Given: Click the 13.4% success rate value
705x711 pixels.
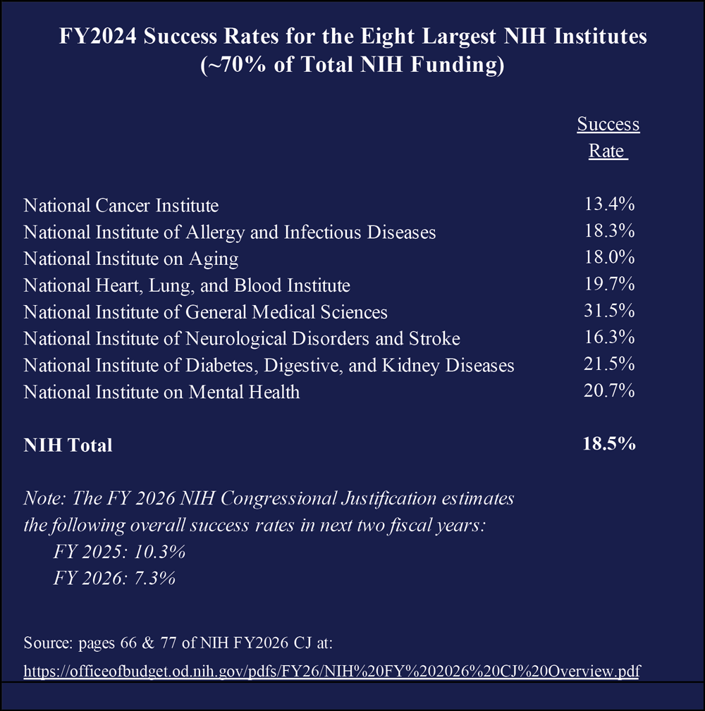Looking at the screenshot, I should (609, 205).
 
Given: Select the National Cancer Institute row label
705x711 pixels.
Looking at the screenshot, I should (121, 206).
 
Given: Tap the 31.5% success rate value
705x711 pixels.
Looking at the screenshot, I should (609, 311).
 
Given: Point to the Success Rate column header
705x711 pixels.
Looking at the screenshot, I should (608, 138).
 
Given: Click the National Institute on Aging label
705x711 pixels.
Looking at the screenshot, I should (131, 259).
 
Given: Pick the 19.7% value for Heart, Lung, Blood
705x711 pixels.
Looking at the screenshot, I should (609, 285).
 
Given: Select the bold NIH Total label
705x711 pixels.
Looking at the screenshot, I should (68, 445).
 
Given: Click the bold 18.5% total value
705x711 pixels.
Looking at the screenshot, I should (609, 445).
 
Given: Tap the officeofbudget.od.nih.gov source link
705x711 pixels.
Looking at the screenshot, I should (331, 670).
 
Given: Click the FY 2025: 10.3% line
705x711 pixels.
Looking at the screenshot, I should (119, 551).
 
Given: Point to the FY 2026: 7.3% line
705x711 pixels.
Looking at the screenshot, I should (114, 578).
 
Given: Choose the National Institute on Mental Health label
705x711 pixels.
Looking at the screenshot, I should (161, 392).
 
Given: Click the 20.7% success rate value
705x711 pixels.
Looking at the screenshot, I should (609, 391).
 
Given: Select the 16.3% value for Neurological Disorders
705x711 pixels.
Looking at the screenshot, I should (609, 338).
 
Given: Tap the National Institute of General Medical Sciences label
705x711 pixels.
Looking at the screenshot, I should (205, 311).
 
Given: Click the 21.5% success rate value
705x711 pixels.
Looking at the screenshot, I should (609, 364).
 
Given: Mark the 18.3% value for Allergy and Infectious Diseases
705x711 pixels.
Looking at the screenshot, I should (609, 232).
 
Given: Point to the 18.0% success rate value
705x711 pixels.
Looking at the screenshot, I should (609, 258).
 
